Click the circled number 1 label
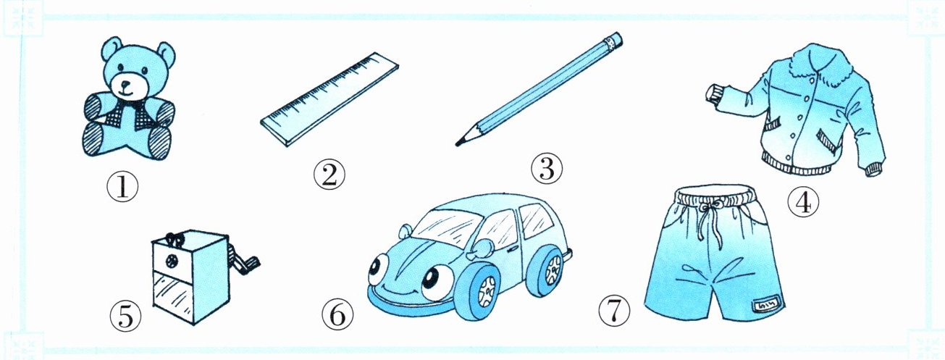pos(123,187)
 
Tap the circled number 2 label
pos(329,175)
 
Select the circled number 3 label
pos(547,168)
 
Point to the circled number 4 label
pos(803,202)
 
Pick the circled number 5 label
pos(126,317)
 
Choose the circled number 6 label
pos(337,314)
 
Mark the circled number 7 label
pos(614,311)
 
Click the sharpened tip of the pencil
pos(457,145)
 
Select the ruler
pos(329,100)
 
